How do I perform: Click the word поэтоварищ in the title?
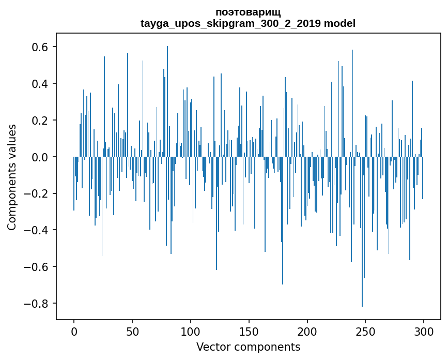(x=248, y=12)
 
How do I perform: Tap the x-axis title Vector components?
(x=248, y=347)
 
